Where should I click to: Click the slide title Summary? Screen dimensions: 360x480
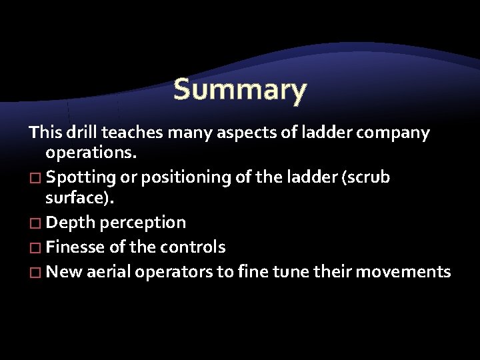(240, 89)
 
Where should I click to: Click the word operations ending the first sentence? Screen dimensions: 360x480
(90, 153)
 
